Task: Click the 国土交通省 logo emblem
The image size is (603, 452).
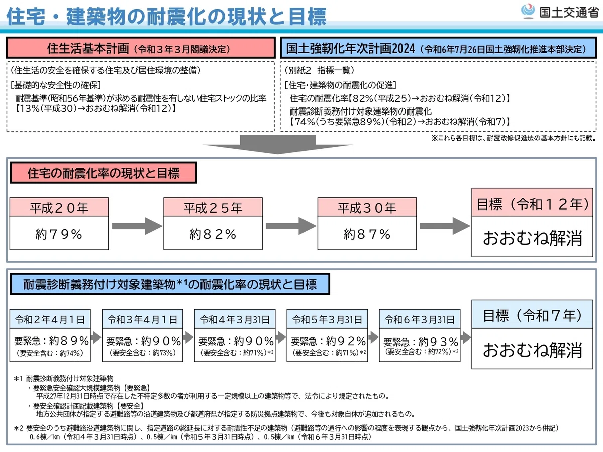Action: (528, 11)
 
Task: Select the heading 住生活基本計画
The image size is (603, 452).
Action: (88, 48)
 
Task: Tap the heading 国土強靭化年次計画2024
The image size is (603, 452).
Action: (351, 48)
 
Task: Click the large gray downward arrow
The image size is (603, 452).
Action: (277, 144)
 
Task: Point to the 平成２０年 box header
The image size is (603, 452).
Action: (59, 207)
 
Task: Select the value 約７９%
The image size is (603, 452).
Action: (59, 234)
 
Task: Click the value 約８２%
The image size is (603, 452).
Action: (213, 234)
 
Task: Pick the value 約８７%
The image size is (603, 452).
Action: (367, 234)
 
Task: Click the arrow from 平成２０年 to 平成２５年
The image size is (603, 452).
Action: (137, 226)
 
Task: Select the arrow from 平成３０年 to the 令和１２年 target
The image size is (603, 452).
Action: (445, 226)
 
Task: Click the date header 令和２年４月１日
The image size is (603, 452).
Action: (50, 319)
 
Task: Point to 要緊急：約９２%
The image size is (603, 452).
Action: (328, 341)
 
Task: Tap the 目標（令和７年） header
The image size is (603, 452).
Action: (532, 315)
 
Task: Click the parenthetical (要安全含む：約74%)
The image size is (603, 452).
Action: (50, 353)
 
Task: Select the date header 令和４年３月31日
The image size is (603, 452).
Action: (235, 319)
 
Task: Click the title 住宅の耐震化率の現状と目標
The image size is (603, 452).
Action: (104, 173)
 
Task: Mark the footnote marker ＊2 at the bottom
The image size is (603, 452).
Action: (18, 428)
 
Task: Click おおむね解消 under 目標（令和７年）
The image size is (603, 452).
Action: (532, 350)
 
